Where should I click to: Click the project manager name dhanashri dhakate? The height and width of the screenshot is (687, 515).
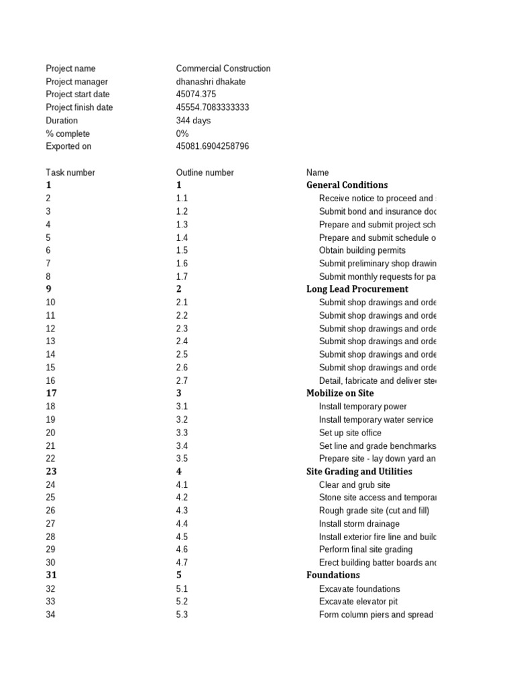(211, 81)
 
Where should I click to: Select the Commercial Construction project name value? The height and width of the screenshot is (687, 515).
(223, 68)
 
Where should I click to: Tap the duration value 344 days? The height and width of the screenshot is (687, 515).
(193, 121)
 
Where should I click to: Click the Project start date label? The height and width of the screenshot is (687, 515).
(78, 95)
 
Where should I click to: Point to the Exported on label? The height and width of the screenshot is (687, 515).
(68, 146)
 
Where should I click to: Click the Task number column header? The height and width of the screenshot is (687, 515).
(70, 172)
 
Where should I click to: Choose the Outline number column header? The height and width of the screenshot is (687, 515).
(205, 172)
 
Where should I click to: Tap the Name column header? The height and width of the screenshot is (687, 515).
(318, 172)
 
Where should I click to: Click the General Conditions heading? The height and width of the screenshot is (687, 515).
(347, 184)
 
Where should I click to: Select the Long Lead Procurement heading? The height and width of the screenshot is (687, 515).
(357, 289)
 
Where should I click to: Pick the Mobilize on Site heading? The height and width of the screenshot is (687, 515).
(340, 393)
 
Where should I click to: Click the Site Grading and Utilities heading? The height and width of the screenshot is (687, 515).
(359, 472)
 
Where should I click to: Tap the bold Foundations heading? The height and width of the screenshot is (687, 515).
(333, 575)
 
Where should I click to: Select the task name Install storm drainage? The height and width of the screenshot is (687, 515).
(359, 524)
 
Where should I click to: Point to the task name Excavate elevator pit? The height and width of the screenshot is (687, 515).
(358, 602)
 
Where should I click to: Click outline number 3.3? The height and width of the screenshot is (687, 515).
(182, 433)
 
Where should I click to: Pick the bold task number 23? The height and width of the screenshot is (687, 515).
(52, 472)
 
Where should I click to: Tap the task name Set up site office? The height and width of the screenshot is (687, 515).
(350, 433)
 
